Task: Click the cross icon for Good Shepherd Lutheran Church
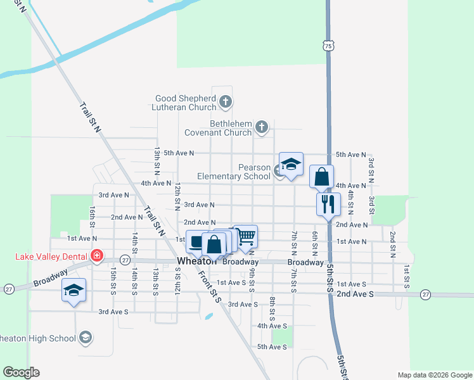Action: click(x=225, y=101)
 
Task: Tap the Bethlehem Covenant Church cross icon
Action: click(x=262, y=128)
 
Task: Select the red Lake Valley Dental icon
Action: click(x=97, y=256)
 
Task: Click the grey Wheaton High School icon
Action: click(x=85, y=338)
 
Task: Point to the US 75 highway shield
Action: click(x=327, y=46)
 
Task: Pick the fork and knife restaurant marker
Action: click(x=328, y=204)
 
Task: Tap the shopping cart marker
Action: click(x=246, y=236)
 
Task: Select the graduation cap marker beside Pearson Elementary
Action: click(x=291, y=164)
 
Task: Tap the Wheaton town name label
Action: click(x=197, y=262)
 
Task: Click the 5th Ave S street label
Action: click(x=271, y=347)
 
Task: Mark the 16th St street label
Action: click(x=93, y=216)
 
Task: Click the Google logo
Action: click(x=21, y=372)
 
